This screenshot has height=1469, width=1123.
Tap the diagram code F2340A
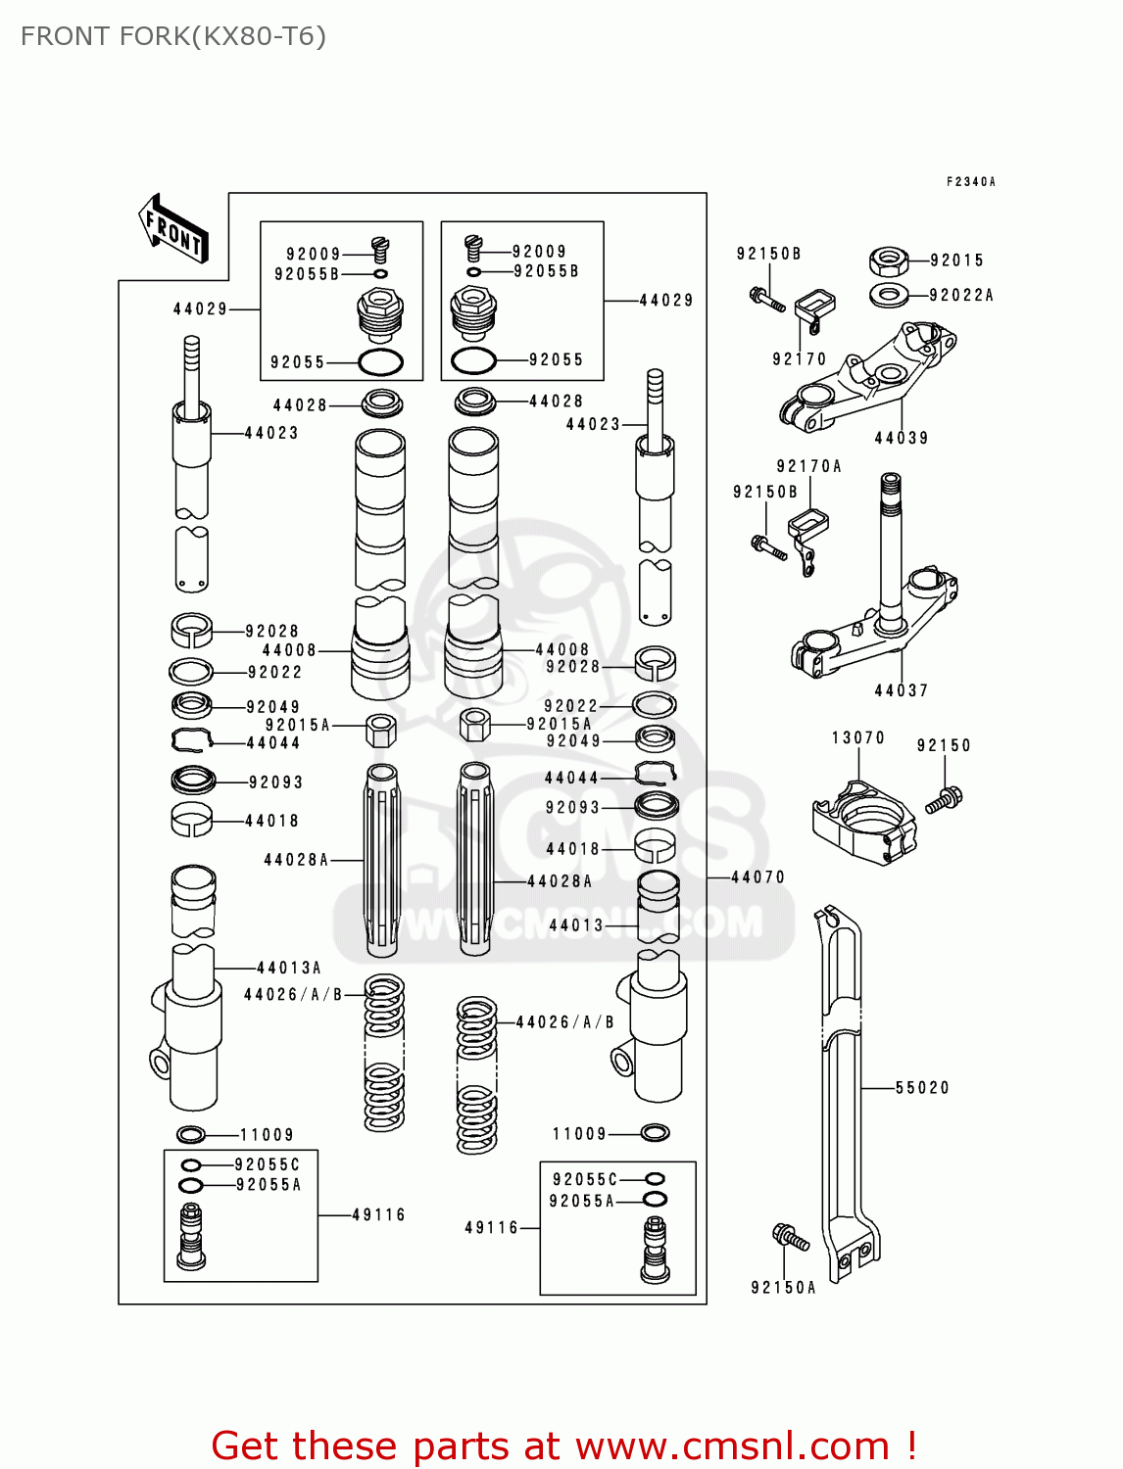pyautogui.click(x=970, y=182)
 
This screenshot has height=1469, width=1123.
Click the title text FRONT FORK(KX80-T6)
pyautogui.click(x=173, y=36)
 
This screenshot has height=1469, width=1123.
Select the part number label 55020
pyautogui.click(x=922, y=1088)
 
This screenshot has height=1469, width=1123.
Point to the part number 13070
pyautogui.click(x=857, y=738)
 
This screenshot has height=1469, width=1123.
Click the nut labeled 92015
pyautogui.click(x=888, y=261)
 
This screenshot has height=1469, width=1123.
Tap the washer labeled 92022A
pyautogui.click(x=888, y=294)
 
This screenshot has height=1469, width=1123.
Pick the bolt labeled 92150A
pyautogui.click(x=791, y=1238)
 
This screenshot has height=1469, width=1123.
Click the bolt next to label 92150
pyautogui.click(x=945, y=799)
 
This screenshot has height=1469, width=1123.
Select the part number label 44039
pyautogui.click(x=902, y=439)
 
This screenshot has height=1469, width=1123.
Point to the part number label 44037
pyautogui.click(x=902, y=691)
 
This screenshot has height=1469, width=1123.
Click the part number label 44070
pyautogui.click(x=757, y=877)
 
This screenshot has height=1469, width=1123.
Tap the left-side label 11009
pyautogui.click(x=267, y=1135)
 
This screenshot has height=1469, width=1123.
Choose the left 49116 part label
pyautogui.click(x=378, y=1215)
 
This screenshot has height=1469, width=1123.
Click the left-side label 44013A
pyautogui.click(x=289, y=969)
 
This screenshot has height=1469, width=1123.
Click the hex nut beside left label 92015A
pyautogui.click(x=381, y=730)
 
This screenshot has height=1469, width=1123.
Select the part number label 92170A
pyautogui.click(x=808, y=467)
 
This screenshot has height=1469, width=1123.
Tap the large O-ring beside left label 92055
pyautogui.click(x=381, y=362)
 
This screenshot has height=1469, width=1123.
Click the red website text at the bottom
pyautogui.click(x=563, y=1446)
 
